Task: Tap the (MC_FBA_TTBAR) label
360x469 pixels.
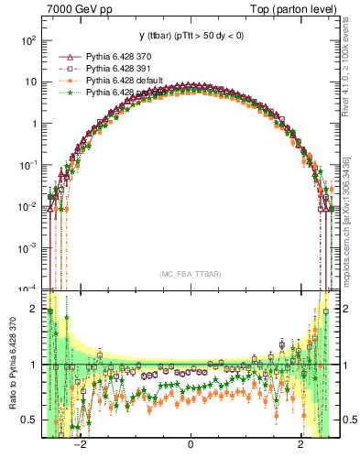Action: tap(190, 275)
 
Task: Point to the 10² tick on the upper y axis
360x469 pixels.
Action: tap(29, 40)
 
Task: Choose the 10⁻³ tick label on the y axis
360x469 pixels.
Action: tap(29, 247)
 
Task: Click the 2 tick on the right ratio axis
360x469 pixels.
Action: tap(345, 309)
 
